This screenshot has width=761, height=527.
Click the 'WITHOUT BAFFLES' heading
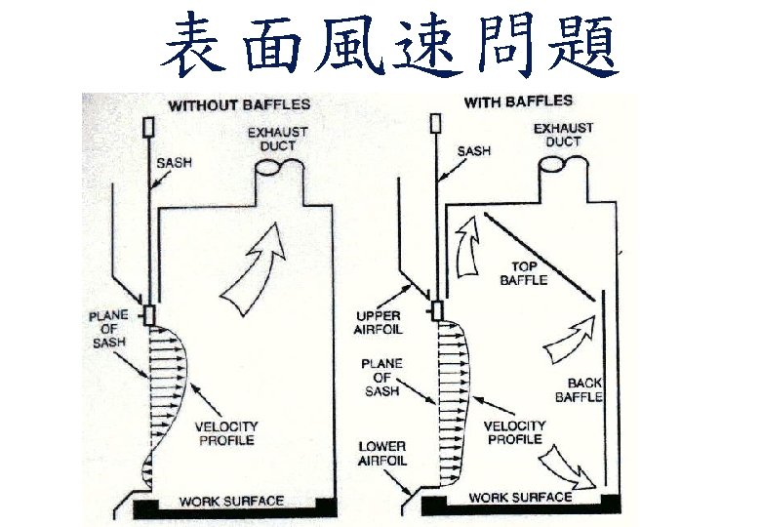click(x=239, y=104)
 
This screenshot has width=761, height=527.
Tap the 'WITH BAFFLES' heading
click(x=518, y=101)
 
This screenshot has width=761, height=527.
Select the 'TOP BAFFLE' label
click(x=524, y=272)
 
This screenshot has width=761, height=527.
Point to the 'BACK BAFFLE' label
click(x=579, y=389)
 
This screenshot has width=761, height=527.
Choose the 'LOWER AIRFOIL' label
click(x=382, y=454)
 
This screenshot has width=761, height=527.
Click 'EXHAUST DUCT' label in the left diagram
click(x=277, y=139)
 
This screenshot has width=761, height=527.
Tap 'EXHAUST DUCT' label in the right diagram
click(x=564, y=135)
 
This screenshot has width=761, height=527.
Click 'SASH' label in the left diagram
click(x=175, y=162)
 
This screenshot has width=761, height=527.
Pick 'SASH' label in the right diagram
click(x=474, y=151)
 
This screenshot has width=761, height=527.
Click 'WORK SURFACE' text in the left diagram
click(x=231, y=503)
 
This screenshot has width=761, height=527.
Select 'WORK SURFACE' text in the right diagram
click(x=520, y=498)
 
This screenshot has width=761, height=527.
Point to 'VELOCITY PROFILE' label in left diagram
click(x=225, y=432)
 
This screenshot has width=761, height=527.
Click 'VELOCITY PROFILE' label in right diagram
click(x=514, y=432)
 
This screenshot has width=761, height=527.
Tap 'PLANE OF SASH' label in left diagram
click(x=109, y=329)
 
